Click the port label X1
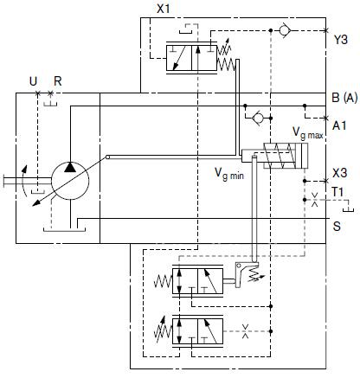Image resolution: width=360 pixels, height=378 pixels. pyautogui.click(x=164, y=9)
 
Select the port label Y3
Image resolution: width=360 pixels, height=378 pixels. pyautogui.click(x=341, y=40)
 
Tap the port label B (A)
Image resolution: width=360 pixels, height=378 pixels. pyautogui.click(x=344, y=98)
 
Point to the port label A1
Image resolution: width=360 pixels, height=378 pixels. pyautogui.click(x=339, y=125)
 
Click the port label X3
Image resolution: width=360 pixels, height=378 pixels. pyautogui.click(x=339, y=173)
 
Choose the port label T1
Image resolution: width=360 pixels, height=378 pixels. pyautogui.click(x=337, y=192)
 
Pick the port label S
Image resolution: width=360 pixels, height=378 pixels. pyautogui.click(x=337, y=227)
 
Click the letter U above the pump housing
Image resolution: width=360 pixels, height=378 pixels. pyautogui.click(x=33, y=81)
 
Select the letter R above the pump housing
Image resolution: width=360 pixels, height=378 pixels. pyautogui.click(x=58, y=81)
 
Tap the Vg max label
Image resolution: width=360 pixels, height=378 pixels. pyautogui.click(x=308, y=133)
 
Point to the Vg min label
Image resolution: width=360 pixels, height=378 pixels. pyautogui.click(x=229, y=174)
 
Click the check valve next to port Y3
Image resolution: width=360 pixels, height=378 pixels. pyautogui.click(x=285, y=30)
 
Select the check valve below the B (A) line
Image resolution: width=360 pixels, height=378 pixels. pyautogui.click(x=258, y=118)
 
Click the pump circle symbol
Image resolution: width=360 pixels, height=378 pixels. pyautogui.click(x=70, y=181)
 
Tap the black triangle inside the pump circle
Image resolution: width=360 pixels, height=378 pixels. pyautogui.click(x=70, y=167)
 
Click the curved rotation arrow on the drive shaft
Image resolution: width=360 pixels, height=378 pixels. pyautogui.click(x=24, y=181)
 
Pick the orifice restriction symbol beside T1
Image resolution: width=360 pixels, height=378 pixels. pyautogui.click(x=315, y=200)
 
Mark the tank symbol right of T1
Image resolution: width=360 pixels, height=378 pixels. pyautogui.click(x=349, y=209)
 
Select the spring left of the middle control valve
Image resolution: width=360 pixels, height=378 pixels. pyautogui.click(x=163, y=281)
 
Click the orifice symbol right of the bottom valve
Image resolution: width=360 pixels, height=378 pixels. pyautogui.click(x=245, y=331)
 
